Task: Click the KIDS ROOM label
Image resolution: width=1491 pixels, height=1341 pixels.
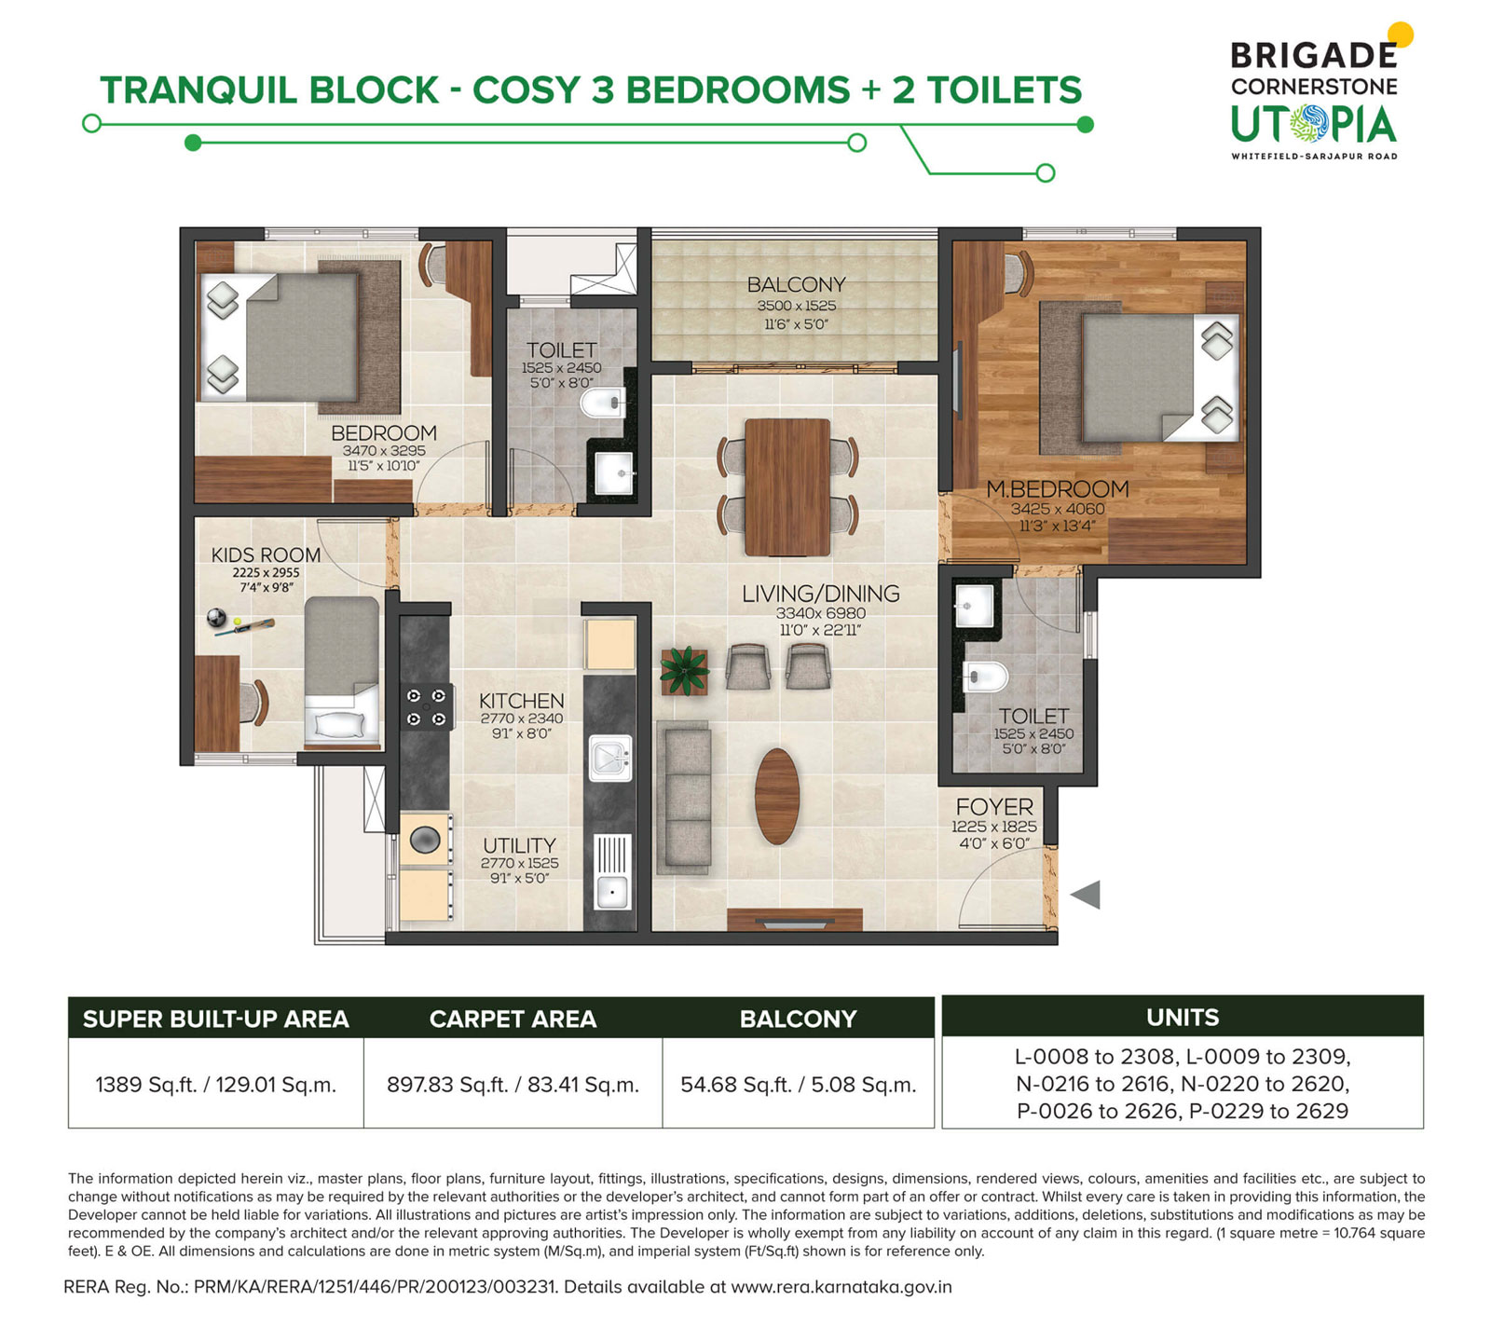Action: (x=266, y=554)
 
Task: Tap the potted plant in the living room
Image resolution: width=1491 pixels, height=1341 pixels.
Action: (x=685, y=670)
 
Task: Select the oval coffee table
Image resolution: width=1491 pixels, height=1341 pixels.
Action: (x=777, y=796)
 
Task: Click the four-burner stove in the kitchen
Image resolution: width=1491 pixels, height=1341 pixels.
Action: (x=426, y=707)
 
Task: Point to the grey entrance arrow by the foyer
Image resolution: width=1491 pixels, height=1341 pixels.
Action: (x=1086, y=895)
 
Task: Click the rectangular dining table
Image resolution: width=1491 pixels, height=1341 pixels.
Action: (x=787, y=486)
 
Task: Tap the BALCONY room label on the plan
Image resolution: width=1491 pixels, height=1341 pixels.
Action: (x=796, y=284)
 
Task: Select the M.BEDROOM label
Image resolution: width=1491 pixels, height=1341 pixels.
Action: (x=1058, y=488)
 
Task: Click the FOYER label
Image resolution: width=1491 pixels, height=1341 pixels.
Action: (x=994, y=806)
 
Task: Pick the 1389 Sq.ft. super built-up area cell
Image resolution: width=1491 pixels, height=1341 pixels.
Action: (x=215, y=1084)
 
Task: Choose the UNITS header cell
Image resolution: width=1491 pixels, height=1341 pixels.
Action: (x=1183, y=1017)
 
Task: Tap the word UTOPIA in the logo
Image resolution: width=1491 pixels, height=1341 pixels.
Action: (x=1313, y=125)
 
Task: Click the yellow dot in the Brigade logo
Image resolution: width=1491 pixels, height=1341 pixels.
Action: (x=1401, y=34)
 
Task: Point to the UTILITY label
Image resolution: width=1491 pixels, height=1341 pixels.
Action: (x=519, y=845)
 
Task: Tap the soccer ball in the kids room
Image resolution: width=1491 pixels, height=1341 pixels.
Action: (x=217, y=617)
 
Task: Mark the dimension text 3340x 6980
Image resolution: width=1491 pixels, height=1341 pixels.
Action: (x=821, y=613)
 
